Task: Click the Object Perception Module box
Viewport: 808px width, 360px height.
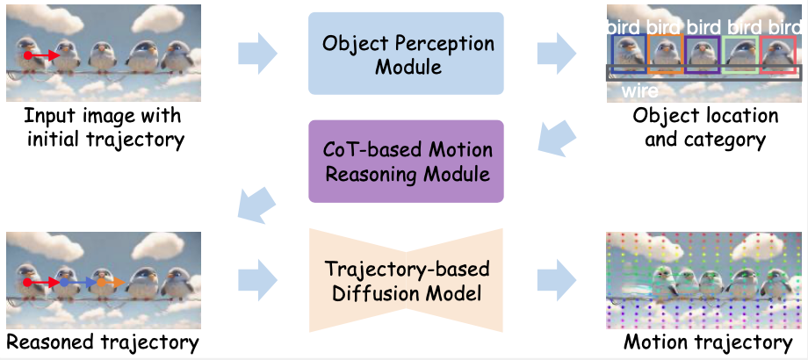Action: (406, 54)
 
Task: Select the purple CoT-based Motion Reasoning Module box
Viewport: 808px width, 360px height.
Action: (405, 162)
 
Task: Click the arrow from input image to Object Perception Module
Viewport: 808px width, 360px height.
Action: (256, 54)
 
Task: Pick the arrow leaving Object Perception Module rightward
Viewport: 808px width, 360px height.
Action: (556, 54)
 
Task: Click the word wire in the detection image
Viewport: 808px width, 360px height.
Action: (640, 90)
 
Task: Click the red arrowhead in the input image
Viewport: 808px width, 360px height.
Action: (56, 55)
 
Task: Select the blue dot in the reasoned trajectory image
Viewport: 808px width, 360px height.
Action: (63, 284)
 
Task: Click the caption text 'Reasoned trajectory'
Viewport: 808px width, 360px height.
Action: (102, 342)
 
